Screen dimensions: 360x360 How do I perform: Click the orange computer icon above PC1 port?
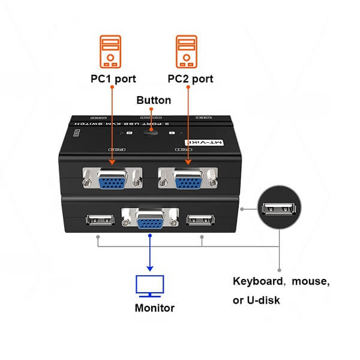[110, 50]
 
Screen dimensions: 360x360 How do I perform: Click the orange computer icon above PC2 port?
[187, 50]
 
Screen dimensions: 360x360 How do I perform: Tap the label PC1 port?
[112, 79]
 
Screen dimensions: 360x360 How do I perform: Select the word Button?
[154, 100]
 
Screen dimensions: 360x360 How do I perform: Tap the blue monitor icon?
[150, 286]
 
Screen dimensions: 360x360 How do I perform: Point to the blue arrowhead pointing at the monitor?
[150, 268]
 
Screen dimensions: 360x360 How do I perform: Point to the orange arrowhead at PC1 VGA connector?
[113, 160]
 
